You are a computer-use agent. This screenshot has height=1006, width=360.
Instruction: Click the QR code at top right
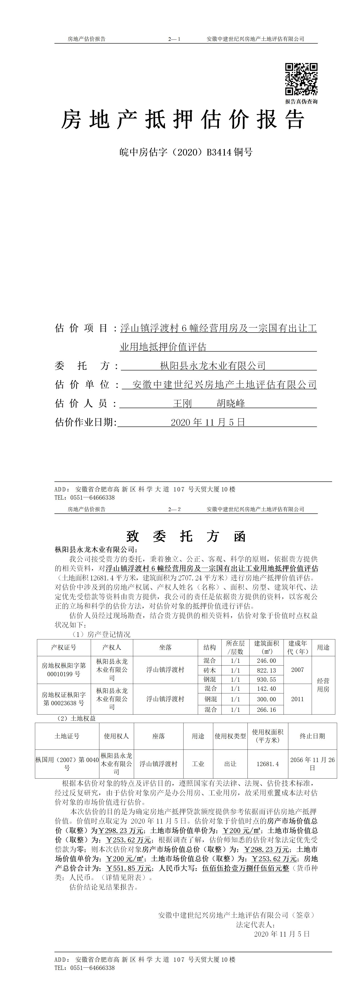point(301,79)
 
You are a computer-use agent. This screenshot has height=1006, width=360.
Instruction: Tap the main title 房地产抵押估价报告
point(182,119)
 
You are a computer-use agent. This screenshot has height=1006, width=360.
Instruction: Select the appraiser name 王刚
point(182,403)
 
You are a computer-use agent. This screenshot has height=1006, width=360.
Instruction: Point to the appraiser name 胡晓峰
point(231,403)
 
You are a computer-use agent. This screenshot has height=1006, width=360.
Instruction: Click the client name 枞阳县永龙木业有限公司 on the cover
point(213,366)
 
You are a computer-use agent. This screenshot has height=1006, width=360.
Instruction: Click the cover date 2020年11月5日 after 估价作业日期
point(208,422)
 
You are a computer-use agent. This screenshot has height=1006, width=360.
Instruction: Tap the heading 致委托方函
point(186,537)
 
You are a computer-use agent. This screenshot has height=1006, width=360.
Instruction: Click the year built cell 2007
point(298,670)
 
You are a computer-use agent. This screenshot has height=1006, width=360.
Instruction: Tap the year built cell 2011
point(298,699)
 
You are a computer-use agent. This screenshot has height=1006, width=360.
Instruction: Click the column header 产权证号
point(64,648)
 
